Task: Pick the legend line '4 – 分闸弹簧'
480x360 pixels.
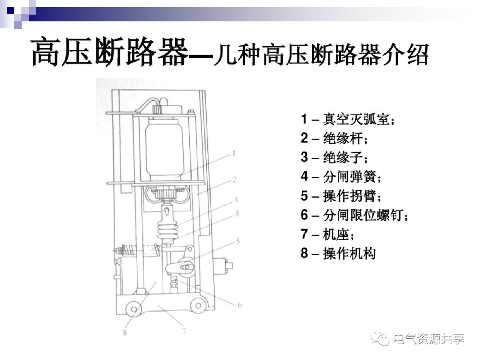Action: tap(341, 177)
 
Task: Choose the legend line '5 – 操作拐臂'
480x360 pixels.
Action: tap(341, 196)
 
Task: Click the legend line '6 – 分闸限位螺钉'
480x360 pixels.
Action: tap(354, 215)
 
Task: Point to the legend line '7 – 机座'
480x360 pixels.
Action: tap(328, 234)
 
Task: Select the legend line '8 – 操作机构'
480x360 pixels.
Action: tap(338, 253)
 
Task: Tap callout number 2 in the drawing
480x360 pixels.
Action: tap(234, 180)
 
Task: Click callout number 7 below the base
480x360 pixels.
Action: tap(184, 330)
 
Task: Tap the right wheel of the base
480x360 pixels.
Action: tap(197, 305)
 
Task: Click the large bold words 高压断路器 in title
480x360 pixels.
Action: tap(108, 52)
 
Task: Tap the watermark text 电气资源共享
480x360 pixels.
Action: tap(429, 339)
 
